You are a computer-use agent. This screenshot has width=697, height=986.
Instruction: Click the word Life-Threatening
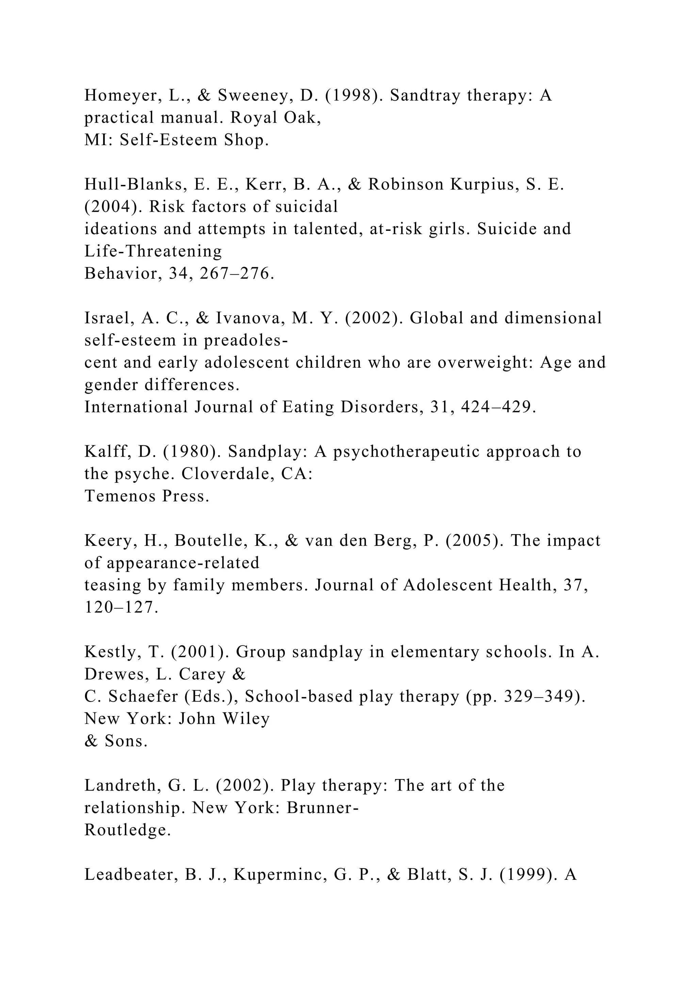tap(153, 251)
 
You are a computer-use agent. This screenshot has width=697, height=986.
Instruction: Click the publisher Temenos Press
tap(146, 496)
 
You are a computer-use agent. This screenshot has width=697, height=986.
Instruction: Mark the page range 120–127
tap(121, 608)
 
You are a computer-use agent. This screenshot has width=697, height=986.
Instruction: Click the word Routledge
tap(127, 830)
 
